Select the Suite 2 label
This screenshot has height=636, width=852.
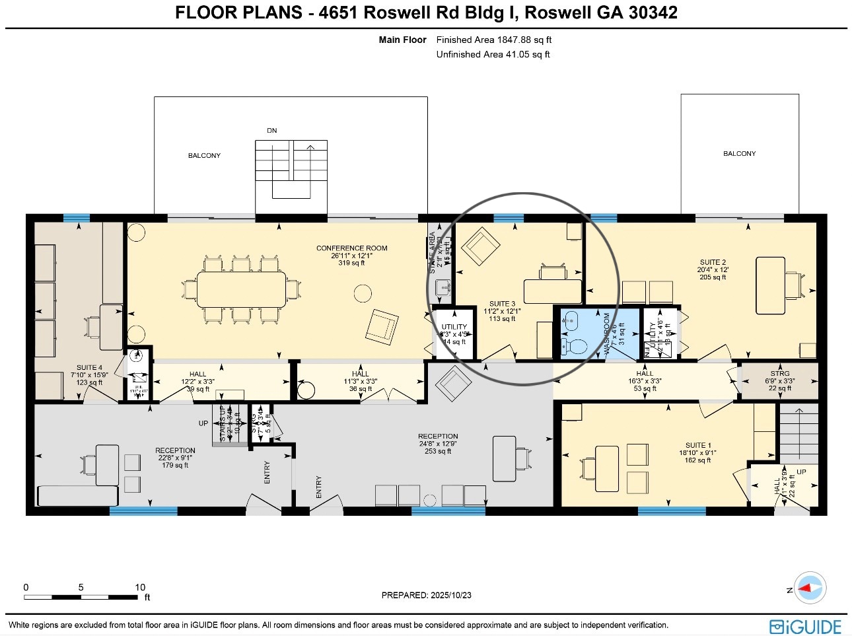click(x=713, y=269)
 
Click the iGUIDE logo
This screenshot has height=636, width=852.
click(x=805, y=626)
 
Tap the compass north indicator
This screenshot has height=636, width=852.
click(x=810, y=588)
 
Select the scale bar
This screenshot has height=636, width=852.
click(x=81, y=596)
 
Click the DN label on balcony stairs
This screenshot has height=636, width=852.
click(x=271, y=131)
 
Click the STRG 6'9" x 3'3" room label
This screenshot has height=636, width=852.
click(x=779, y=381)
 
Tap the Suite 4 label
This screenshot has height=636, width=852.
click(x=89, y=375)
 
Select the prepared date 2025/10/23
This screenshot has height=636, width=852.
click(x=426, y=595)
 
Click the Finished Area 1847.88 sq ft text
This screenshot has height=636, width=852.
click(x=493, y=40)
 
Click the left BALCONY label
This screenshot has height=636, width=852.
click(x=204, y=156)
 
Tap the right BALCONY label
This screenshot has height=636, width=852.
click(x=739, y=154)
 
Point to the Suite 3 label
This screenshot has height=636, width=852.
click(x=502, y=311)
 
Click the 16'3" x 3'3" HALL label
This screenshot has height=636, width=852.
click(x=644, y=381)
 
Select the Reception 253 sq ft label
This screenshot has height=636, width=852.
click(x=437, y=444)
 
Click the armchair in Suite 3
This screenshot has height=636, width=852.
click(x=480, y=246)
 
